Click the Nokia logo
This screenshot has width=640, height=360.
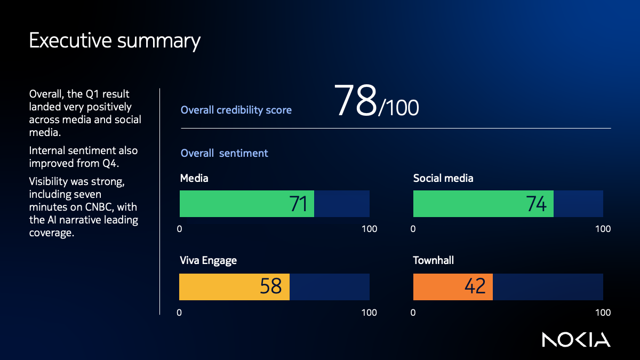576,340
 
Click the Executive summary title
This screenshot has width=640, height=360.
115,41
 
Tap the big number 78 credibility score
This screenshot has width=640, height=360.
356,101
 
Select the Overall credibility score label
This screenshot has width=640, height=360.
236,110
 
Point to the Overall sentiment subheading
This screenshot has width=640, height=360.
224,154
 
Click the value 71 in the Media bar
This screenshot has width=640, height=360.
298,204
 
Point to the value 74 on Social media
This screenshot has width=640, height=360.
536,204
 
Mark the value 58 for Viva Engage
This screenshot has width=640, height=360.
270,287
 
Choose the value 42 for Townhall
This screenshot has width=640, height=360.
475,287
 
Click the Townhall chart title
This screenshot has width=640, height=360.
434,261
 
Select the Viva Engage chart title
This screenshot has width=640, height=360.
209,261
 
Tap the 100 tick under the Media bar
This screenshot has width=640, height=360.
369,229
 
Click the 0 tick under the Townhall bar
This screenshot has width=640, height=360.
413,313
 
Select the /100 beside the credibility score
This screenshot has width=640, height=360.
399,108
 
